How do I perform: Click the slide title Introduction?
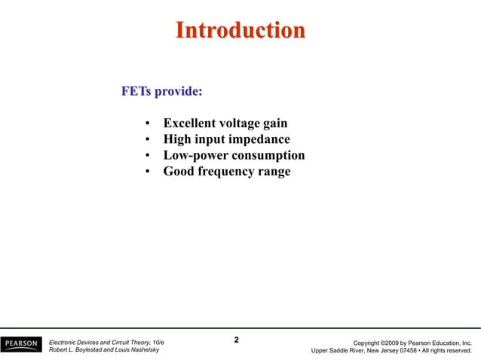click(x=240, y=31)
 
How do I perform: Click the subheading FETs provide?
click(x=161, y=92)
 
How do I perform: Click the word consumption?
click(x=267, y=156)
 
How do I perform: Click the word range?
click(x=273, y=172)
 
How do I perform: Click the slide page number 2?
click(x=237, y=340)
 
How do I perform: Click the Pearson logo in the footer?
click(x=21, y=346)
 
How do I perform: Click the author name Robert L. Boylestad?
click(x=78, y=351)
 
